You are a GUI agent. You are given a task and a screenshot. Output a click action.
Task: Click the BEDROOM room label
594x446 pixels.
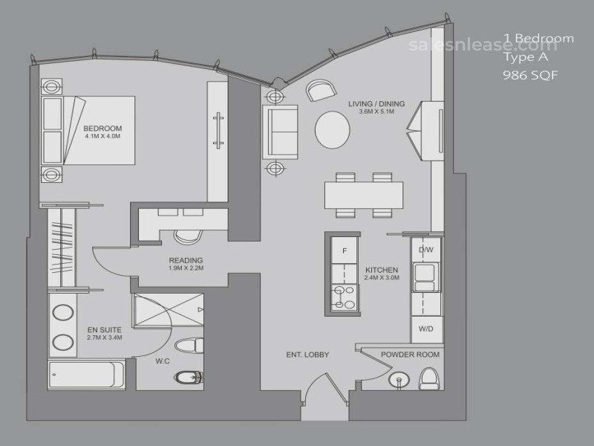[102, 128]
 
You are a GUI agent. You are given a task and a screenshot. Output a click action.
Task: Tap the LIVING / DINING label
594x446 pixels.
[376, 103]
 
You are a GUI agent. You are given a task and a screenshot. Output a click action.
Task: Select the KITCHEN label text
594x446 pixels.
[382, 270]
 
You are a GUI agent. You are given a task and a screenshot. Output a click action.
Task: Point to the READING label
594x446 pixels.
[186, 260]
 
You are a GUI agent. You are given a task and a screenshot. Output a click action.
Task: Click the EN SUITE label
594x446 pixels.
[105, 329]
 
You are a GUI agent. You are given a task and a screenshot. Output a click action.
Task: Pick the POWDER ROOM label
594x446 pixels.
[411, 355]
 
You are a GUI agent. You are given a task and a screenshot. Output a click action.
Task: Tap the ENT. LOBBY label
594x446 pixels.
[307, 355]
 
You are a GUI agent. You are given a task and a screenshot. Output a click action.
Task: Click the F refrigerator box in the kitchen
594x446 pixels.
[345, 251]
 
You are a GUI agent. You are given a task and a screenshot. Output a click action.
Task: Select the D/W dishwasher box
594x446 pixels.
[426, 250]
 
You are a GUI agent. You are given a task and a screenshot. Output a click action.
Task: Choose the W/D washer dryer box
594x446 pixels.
[426, 329]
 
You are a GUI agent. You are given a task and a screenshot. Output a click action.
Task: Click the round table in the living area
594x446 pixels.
[333, 129]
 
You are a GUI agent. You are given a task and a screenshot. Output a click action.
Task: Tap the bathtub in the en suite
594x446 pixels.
[86, 375]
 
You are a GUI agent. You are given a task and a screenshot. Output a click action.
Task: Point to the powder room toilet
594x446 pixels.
[428, 378]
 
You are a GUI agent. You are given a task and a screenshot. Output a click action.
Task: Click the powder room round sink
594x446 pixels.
[399, 379]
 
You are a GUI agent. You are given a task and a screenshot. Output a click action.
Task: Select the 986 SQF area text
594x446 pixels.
[530, 75]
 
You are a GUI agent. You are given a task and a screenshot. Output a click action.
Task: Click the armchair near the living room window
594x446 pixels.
[321, 90]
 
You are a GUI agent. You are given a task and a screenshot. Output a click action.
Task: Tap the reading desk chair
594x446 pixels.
[188, 236]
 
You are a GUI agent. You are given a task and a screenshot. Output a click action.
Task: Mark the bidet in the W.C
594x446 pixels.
[188, 377]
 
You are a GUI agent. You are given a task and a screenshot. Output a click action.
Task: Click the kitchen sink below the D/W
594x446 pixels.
[425, 277]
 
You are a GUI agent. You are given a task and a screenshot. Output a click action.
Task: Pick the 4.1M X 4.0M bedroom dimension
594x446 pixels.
[102, 136]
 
